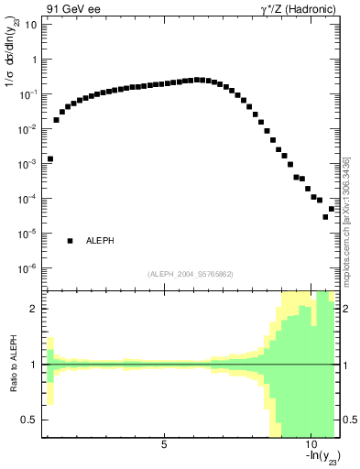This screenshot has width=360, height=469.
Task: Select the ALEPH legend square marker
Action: (x=70, y=241)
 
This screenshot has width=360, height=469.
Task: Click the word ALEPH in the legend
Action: (x=100, y=241)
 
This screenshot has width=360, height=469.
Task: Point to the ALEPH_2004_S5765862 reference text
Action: (x=191, y=274)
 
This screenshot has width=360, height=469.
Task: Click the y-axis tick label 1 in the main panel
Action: (x=33, y=60)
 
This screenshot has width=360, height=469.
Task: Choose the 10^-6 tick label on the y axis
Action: (x=28, y=268)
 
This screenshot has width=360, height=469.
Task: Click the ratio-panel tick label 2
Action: (x=35, y=309)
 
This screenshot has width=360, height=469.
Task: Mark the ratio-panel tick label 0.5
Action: (x=30, y=420)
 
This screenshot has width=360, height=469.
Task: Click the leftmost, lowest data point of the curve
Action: (x=50, y=158)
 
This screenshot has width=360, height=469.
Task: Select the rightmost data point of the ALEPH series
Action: (x=332, y=209)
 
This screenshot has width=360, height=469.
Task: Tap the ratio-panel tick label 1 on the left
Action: (x=35, y=365)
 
